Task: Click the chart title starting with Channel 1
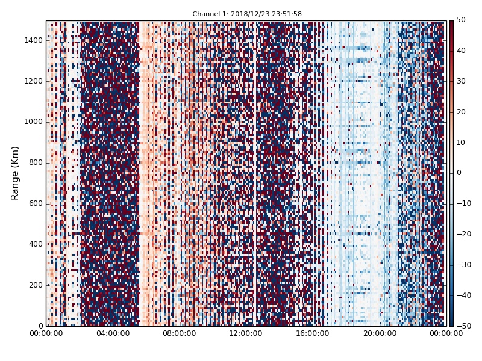pos(247,14)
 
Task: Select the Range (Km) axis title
pos(16,173)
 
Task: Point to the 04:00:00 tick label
pos(113,333)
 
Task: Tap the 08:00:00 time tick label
pos(180,333)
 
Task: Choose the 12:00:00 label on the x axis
pos(246,333)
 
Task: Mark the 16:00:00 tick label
pos(313,333)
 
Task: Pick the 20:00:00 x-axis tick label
pos(380,333)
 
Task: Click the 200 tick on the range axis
pos(36,285)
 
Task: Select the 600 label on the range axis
pos(36,203)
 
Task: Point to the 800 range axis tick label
pos(36,162)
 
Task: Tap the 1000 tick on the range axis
pos(34,122)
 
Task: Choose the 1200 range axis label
pos(34,81)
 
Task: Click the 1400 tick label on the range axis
pos(34,40)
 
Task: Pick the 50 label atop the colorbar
pos(461,20)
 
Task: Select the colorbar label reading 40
pos(461,51)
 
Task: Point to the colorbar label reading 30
pos(461,81)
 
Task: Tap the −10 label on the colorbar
pos(463,203)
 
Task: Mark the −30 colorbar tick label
pos(463,265)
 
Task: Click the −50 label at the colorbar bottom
pos(463,326)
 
